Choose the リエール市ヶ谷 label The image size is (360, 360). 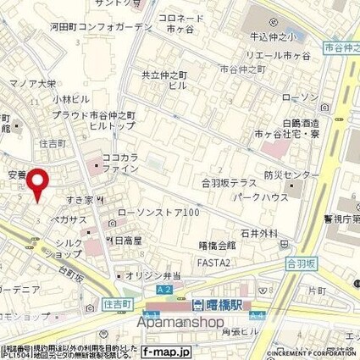tap(274, 55)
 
